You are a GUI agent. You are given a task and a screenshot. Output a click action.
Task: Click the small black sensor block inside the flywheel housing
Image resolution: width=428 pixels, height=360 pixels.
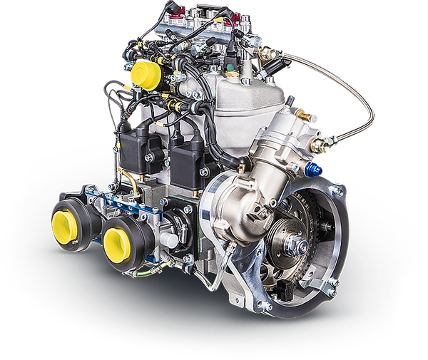[285, 289]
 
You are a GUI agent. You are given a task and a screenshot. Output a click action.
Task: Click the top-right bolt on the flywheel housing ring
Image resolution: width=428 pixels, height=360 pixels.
[336, 191]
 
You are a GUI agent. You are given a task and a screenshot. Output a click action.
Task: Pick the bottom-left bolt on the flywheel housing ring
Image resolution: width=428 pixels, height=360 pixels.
[266, 307]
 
